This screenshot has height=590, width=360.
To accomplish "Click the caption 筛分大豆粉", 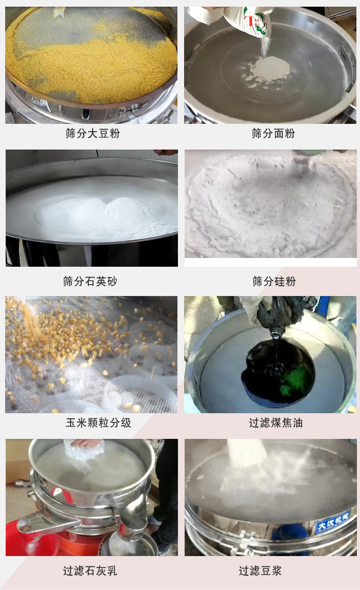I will click(93, 134).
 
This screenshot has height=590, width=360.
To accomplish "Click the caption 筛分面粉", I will click(273, 134).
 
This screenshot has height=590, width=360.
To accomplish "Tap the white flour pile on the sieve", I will click(270, 68).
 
